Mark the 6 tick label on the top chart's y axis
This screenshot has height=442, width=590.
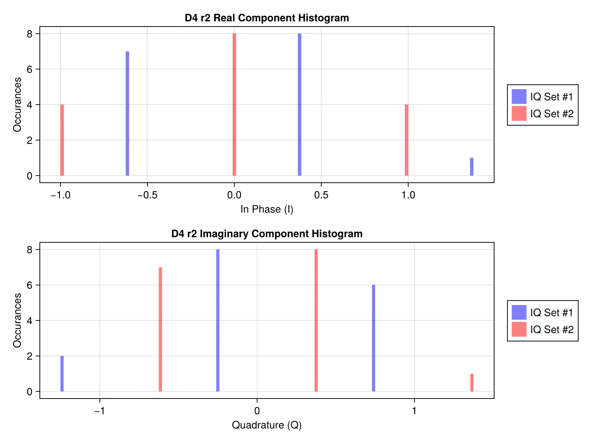[29, 69]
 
